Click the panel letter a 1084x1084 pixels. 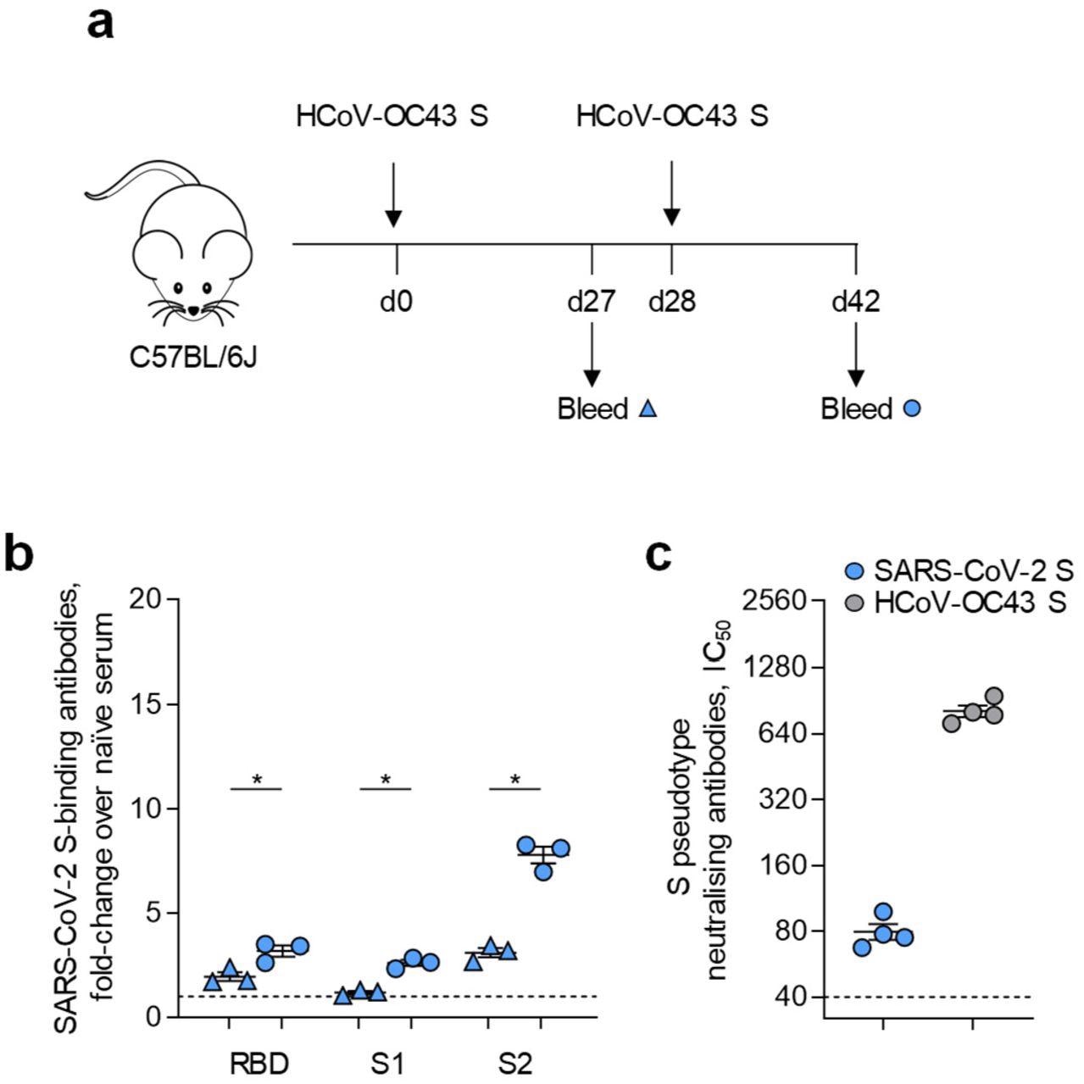pyautogui.click(x=102, y=24)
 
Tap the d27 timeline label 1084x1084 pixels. pyautogui.click(x=592, y=301)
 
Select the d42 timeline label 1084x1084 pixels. pyautogui.click(x=856, y=301)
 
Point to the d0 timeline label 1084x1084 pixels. pyautogui.click(x=397, y=301)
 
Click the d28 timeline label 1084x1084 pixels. pyautogui.click(x=672, y=301)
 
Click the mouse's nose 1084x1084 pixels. pyautogui.click(x=193, y=311)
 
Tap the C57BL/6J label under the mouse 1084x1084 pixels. pyautogui.click(x=193, y=358)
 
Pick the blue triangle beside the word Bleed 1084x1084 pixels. pyautogui.click(x=648, y=409)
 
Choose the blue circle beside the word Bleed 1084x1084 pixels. pyautogui.click(x=912, y=409)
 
